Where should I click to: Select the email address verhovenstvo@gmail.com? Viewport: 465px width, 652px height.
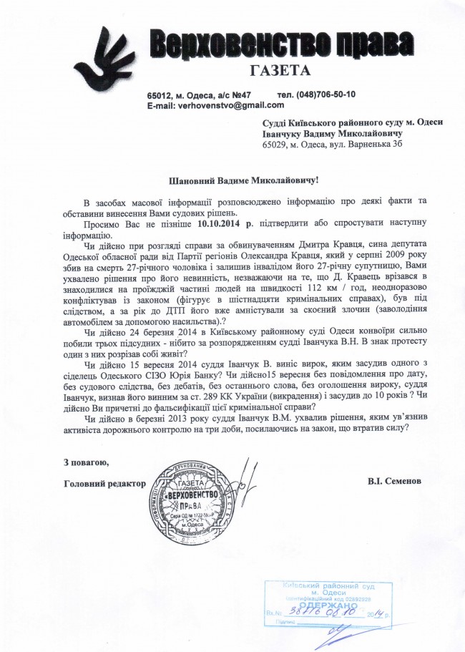[x=219, y=105]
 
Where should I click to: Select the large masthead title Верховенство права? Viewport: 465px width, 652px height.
[x=275, y=44]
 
